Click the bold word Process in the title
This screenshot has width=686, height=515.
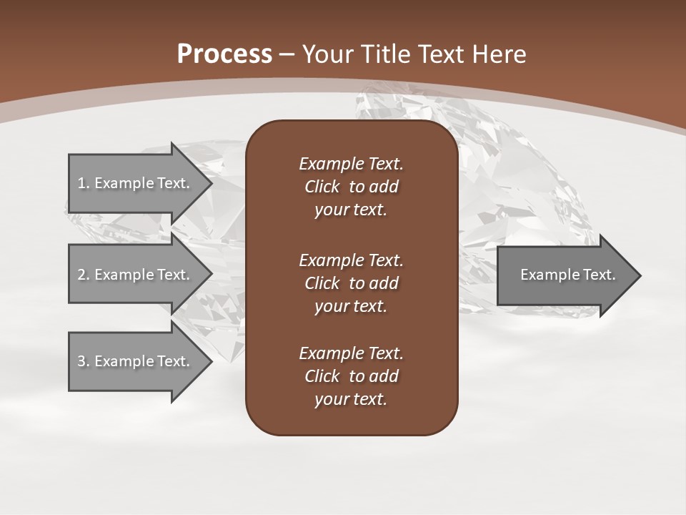point(224,54)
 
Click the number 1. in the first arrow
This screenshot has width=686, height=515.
point(84,183)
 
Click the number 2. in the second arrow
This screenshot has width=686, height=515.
point(84,275)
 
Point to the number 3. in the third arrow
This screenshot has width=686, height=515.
point(84,361)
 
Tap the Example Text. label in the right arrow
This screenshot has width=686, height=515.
point(567,275)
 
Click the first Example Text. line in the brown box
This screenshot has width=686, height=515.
point(351,164)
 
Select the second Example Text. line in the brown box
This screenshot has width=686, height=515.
point(351,260)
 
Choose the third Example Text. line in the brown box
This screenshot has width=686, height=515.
point(351,353)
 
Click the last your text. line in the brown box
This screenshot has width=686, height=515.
point(351,400)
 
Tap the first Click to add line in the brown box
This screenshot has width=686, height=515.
point(351,187)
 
